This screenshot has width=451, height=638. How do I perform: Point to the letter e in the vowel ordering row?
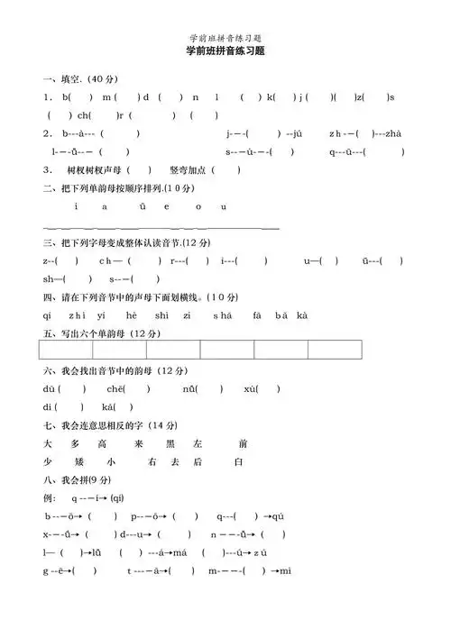click(166, 206)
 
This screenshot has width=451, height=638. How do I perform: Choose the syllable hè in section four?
click(131, 315)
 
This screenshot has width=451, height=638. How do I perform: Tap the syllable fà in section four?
click(256, 315)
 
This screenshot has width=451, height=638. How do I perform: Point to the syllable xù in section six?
click(251, 389)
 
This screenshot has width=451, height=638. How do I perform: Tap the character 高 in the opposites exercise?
click(103, 444)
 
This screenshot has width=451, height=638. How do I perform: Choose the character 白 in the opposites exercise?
click(239, 462)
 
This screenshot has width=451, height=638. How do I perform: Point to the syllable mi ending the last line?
click(285, 571)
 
